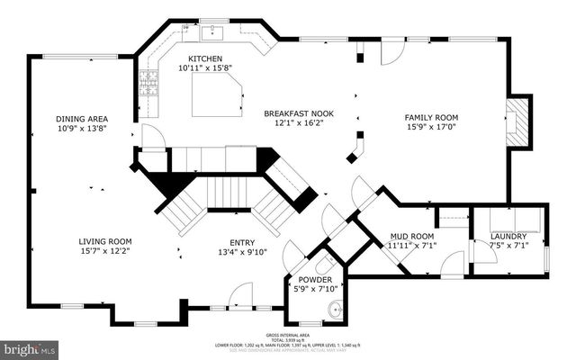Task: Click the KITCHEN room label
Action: [x=204, y=57]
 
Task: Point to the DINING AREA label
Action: [x=82, y=119]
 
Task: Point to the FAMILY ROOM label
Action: [x=431, y=118]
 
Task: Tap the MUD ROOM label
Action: [x=411, y=236]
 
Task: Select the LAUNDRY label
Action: [x=508, y=236]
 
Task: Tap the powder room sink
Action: [x=335, y=310]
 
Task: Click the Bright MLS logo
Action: [x=30, y=347]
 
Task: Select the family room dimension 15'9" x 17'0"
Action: [x=431, y=127]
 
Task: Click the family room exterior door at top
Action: [x=391, y=54]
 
